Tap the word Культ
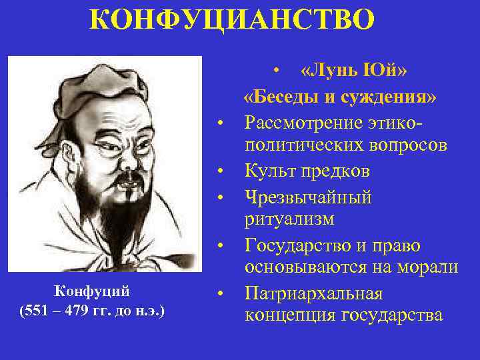pos(269,171)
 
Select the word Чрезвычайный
pos(308,196)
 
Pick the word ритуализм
pos(290,220)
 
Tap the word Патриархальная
pos(313,293)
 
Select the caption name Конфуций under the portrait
pos(91,291)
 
